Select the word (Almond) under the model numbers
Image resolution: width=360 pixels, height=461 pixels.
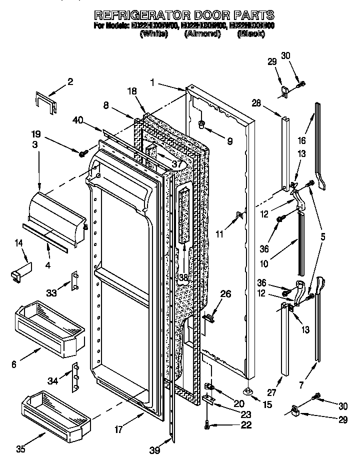click(x=202, y=33)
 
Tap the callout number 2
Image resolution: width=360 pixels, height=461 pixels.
click(x=70, y=82)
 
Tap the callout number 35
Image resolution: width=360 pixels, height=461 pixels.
click(x=20, y=448)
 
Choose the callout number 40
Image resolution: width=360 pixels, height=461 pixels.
click(x=77, y=120)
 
